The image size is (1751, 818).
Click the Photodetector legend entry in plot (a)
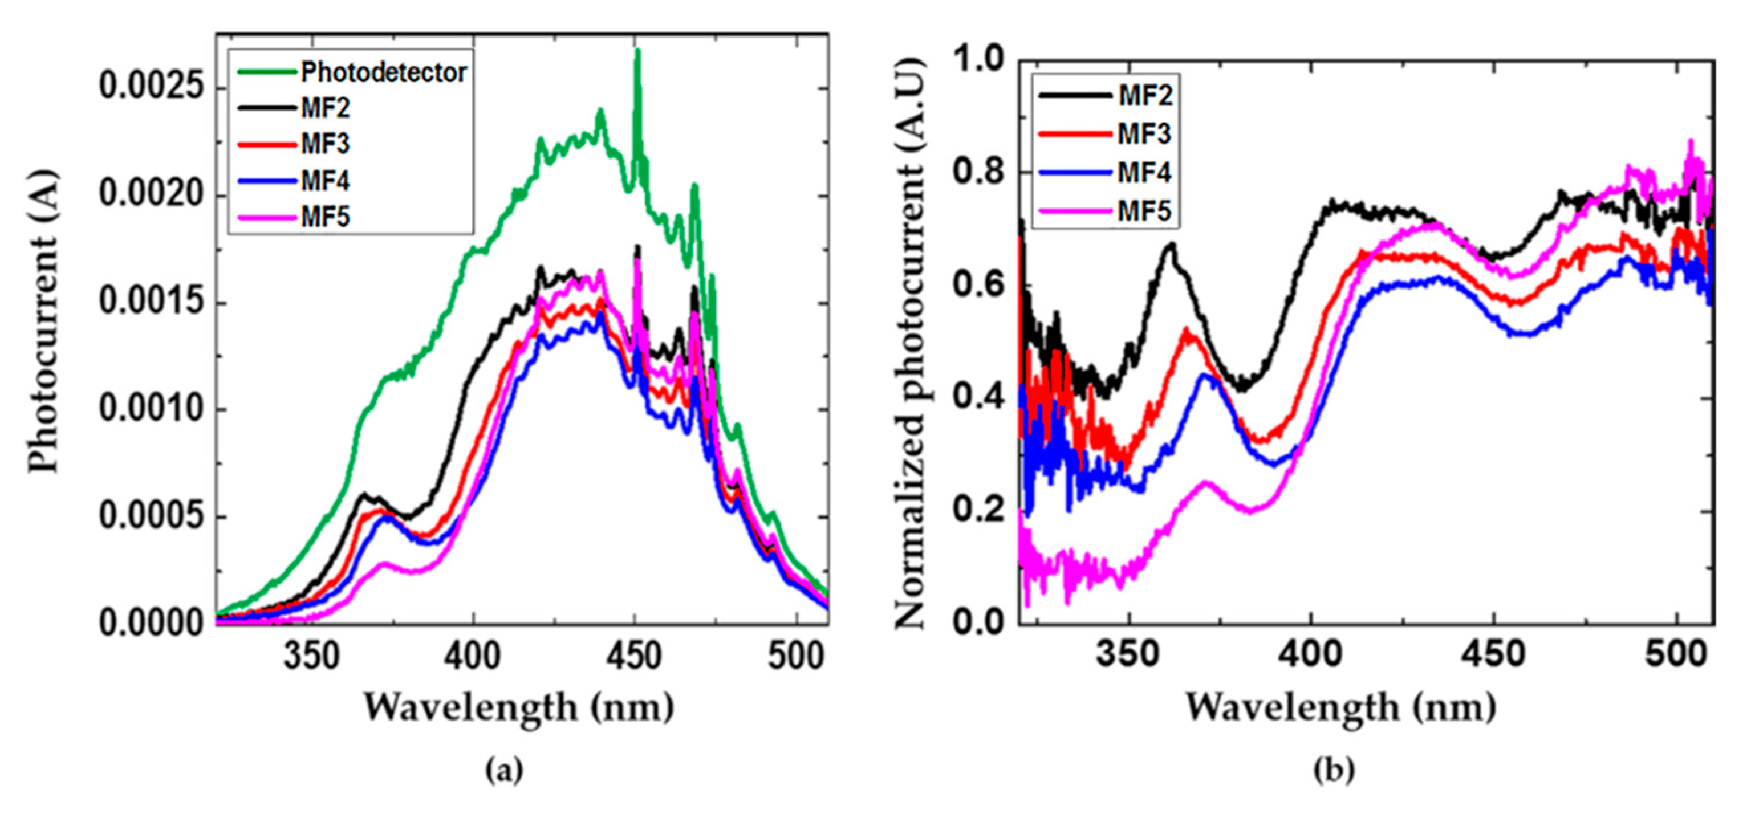coord(384,72)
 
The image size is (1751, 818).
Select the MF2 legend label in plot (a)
coord(325,108)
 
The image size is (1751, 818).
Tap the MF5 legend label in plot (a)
coord(325,217)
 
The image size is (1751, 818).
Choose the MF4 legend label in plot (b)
coord(1145,173)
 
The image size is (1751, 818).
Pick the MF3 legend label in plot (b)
coord(1145,134)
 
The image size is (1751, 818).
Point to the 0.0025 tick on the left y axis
coord(151,88)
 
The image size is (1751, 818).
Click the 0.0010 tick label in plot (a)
coord(151,410)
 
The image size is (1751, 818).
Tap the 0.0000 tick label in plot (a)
coord(151,624)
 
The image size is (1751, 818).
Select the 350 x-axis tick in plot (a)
coord(311,656)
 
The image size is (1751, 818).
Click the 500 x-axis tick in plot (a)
coord(796,656)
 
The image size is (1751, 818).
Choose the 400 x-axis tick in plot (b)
coord(1312,654)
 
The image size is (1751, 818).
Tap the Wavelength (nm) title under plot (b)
coord(1340,707)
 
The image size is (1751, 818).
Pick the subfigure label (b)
coord(1334,771)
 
